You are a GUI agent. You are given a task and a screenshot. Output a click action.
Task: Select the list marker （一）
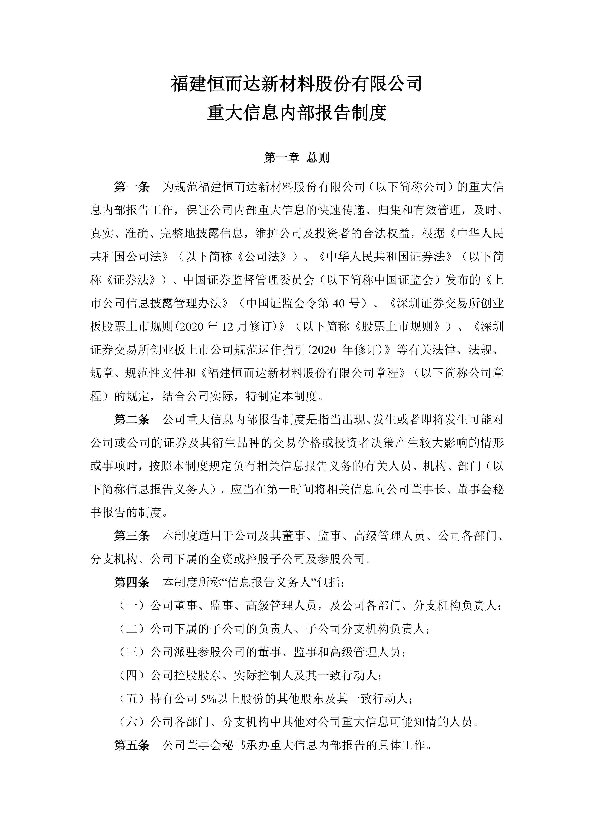pos(132,606)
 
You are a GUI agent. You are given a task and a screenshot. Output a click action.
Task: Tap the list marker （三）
pos(132,652)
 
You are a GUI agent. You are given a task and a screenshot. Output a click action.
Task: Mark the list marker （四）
pos(132,676)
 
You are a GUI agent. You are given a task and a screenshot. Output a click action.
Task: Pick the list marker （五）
pos(132,699)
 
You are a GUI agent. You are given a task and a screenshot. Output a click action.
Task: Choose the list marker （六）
pos(132,722)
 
